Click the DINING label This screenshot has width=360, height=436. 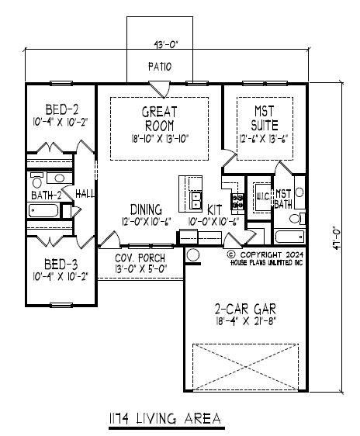pyautogui.click(x=146, y=209)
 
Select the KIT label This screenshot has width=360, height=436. pyautogui.click(x=214, y=209)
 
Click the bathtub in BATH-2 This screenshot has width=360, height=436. pyautogui.click(x=43, y=211)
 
